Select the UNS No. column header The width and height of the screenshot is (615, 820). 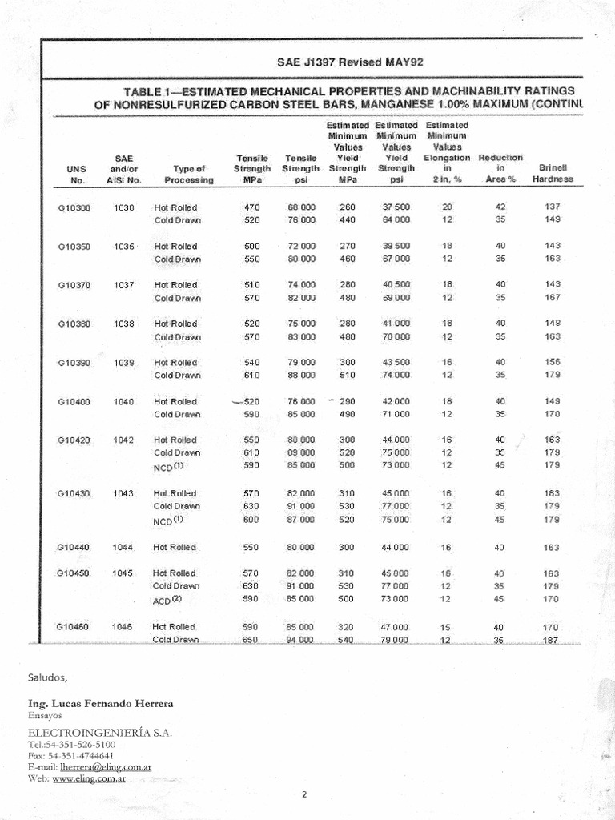(x=78, y=175)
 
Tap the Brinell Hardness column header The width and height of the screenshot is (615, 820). (x=553, y=175)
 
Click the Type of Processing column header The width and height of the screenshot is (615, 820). (x=189, y=175)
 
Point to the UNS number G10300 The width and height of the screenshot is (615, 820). (x=75, y=207)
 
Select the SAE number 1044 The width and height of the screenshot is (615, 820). (x=123, y=547)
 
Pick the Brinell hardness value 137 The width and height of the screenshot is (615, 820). (x=552, y=207)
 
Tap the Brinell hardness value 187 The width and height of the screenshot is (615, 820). (x=552, y=641)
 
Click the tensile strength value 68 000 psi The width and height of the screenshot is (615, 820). (x=301, y=207)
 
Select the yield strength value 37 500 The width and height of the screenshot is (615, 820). (x=396, y=207)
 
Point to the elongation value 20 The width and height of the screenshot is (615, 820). (x=447, y=207)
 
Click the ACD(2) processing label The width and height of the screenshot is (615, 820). (x=168, y=600)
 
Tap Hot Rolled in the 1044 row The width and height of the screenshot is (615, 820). (x=175, y=547)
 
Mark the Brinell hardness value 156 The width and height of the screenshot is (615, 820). (x=552, y=362)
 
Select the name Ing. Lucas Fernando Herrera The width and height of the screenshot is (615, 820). (x=100, y=703)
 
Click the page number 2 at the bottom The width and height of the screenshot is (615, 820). (x=304, y=795)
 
